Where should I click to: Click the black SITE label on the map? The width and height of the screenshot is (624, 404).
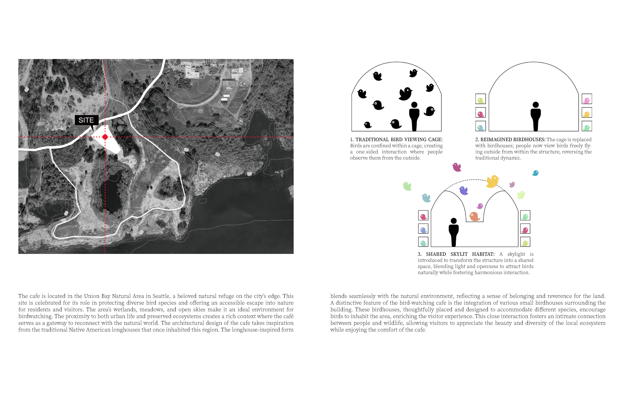pyautogui.click(x=87, y=120)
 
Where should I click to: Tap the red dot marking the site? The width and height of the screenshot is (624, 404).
pyautogui.click(x=105, y=137)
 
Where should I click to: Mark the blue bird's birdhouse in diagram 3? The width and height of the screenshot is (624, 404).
pyautogui.click(x=423, y=228)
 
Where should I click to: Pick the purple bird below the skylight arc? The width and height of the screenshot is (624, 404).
pyautogui.click(x=464, y=190)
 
